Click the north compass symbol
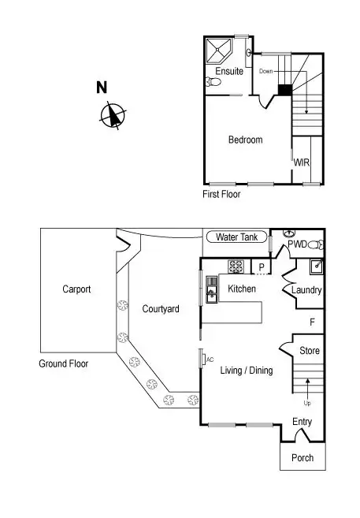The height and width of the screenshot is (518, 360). (113, 116)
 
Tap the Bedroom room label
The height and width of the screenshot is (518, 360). (245, 140)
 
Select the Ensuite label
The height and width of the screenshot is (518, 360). (229, 71)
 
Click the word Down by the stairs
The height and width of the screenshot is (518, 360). (265, 71)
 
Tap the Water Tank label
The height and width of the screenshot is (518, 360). (237, 237)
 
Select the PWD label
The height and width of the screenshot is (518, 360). (297, 244)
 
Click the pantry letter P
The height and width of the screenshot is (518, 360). (262, 268)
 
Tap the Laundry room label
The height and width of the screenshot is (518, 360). (306, 290)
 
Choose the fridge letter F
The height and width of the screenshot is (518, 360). (312, 322)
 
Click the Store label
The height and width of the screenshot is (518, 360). (310, 351)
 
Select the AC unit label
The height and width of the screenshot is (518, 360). (210, 360)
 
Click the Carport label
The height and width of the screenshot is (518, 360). (76, 289)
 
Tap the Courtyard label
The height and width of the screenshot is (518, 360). (161, 309)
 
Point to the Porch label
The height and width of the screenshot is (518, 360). (302, 458)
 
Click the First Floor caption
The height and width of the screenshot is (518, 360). (221, 194)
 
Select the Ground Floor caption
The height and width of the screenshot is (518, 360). (63, 364)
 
